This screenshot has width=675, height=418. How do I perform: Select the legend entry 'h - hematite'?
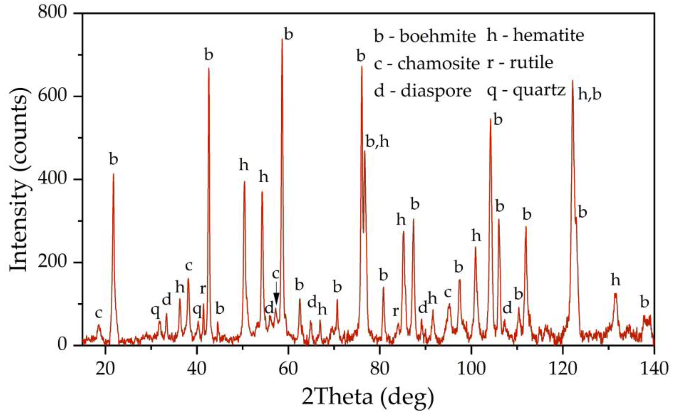(x=535, y=36)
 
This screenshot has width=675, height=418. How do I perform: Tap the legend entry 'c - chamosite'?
(x=427, y=63)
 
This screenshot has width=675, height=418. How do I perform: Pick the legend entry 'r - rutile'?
(x=520, y=63)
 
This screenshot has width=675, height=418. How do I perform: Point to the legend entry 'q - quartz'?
(x=526, y=90)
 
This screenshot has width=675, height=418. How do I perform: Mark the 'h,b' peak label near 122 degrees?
(x=590, y=95)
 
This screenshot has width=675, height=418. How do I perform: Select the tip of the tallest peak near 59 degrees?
(x=282, y=39)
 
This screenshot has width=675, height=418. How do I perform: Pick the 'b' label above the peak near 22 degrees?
(x=114, y=159)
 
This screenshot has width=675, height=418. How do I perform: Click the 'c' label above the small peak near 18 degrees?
(x=99, y=314)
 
